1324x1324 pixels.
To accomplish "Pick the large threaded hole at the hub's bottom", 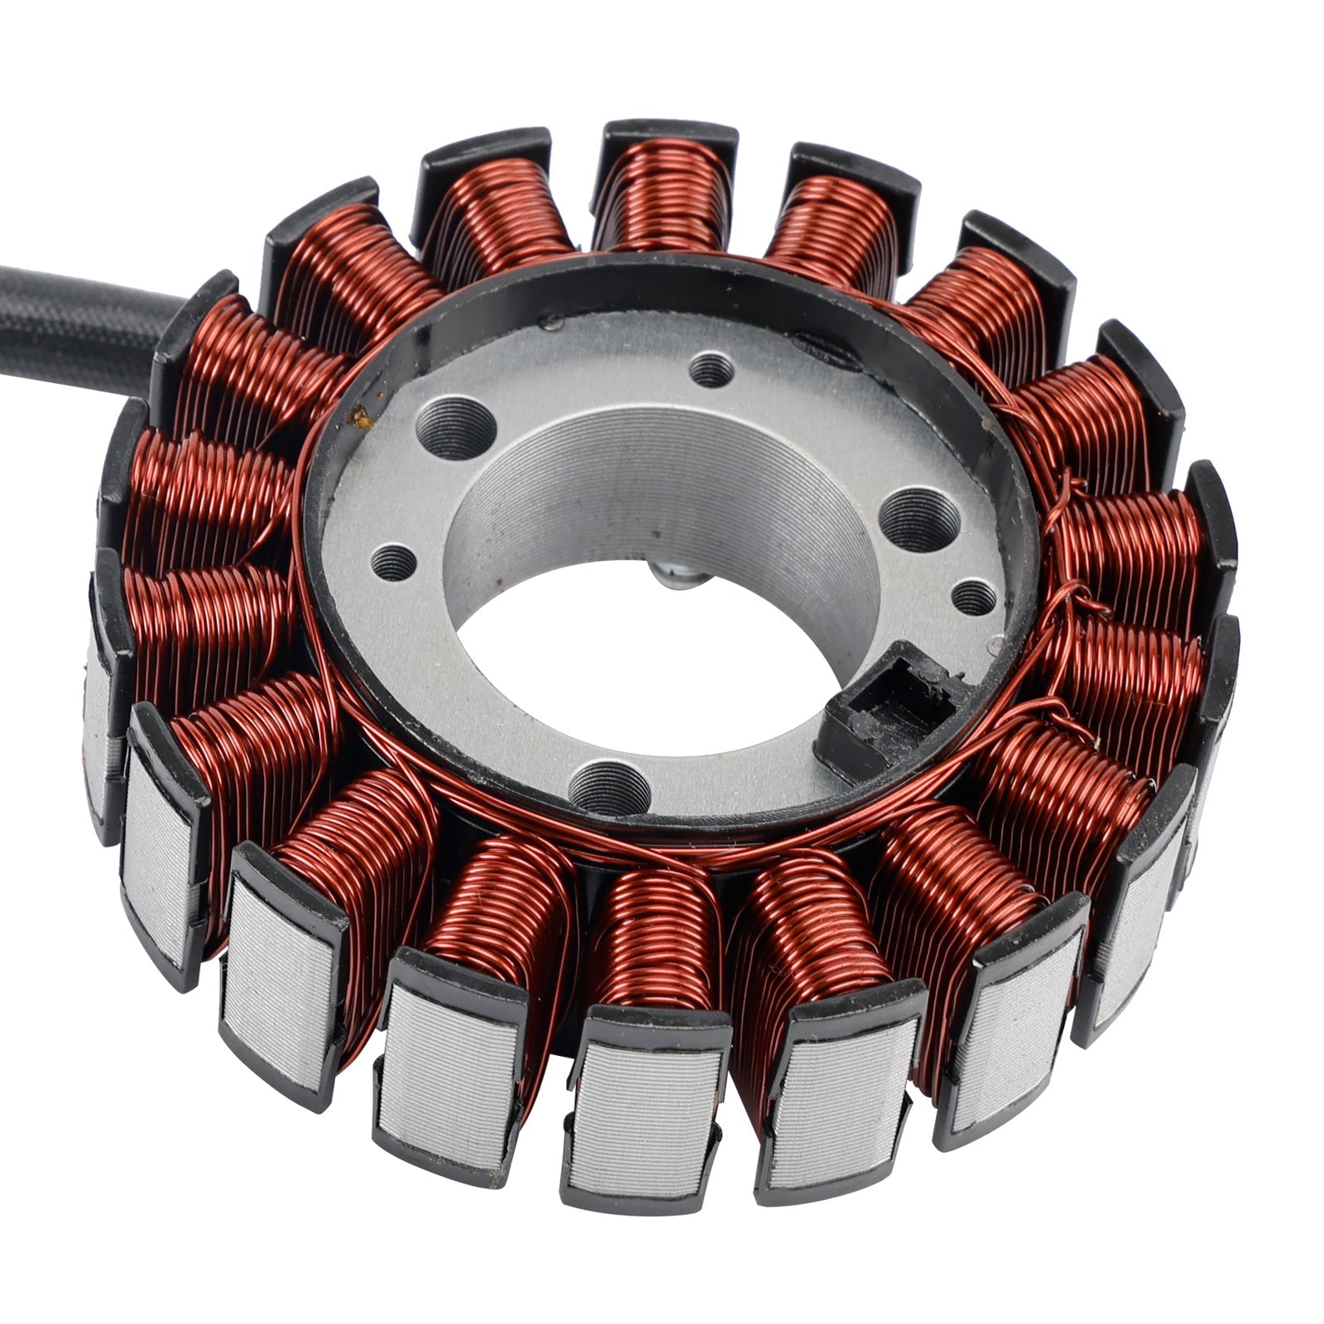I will pos(610,786).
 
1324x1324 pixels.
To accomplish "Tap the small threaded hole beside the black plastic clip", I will pos(974,597).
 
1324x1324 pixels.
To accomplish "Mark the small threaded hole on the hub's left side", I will pos(394,564).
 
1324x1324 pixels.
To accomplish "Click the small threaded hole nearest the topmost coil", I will pos(712,368).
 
